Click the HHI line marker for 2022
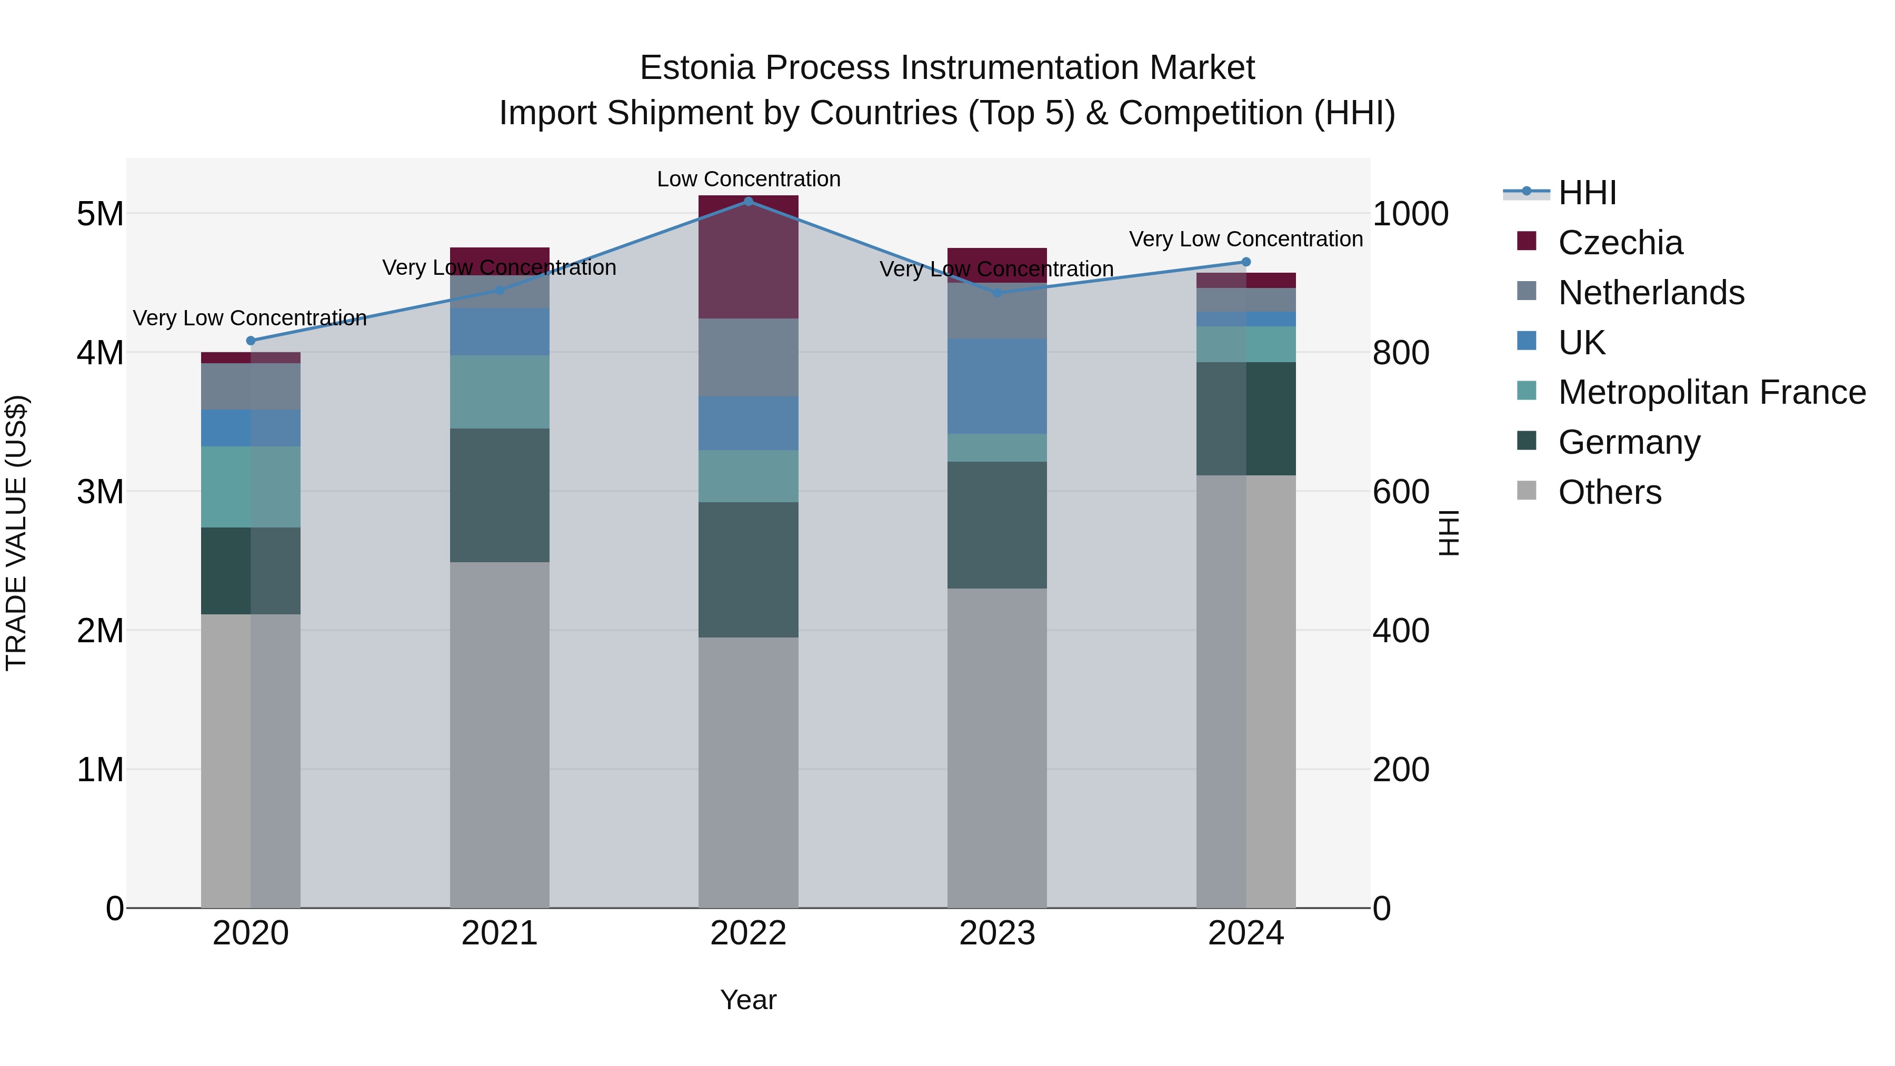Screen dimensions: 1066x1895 [748, 202]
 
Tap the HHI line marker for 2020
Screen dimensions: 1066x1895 [251, 341]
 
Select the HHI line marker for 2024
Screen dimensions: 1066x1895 [1245, 262]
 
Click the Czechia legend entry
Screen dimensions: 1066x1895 [1619, 243]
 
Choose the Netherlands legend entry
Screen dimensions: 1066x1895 [1650, 293]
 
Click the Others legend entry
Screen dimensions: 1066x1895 [1609, 492]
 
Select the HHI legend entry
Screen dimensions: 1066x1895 [1587, 193]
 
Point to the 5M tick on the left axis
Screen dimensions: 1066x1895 [100, 214]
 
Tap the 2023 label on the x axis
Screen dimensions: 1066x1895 [997, 933]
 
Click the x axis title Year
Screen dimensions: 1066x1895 [748, 1000]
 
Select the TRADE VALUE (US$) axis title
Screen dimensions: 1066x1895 [16, 533]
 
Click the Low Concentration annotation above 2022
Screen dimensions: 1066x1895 [748, 180]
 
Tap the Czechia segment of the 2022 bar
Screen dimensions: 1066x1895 [748, 257]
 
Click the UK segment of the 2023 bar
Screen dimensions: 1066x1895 [997, 386]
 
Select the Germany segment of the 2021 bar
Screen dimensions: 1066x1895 [500, 495]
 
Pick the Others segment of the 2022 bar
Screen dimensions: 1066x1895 [748, 772]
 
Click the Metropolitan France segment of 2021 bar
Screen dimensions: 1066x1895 [500, 392]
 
